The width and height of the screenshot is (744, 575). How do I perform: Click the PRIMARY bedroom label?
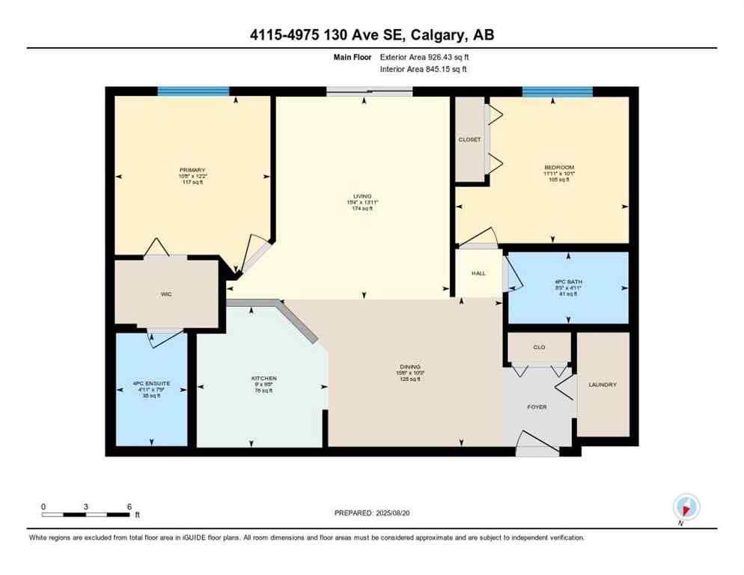click(x=192, y=170)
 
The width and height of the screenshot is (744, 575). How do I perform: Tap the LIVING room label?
click(x=362, y=197)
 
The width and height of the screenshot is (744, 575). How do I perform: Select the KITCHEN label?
click(x=264, y=379)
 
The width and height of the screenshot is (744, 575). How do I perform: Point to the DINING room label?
click(x=409, y=367)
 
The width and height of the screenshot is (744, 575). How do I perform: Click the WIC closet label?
click(x=166, y=294)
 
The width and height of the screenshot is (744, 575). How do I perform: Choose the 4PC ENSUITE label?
click(x=151, y=383)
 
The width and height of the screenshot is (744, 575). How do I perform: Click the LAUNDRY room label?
click(x=603, y=385)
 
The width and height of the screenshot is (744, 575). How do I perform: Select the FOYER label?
click(x=537, y=407)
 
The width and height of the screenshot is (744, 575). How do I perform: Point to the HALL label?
click(x=478, y=274)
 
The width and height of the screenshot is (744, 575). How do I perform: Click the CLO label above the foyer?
click(x=539, y=347)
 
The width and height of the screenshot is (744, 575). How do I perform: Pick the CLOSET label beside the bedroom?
click(x=470, y=140)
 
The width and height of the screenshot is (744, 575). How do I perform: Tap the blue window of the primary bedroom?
click(x=193, y=91)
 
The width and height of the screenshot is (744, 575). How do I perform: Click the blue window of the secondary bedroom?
click(x=557, y=91)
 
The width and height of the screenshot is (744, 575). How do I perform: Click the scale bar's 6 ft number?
click(x=129, y=507)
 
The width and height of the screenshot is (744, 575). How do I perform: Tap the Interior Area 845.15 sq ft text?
click(x=424, y=70)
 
